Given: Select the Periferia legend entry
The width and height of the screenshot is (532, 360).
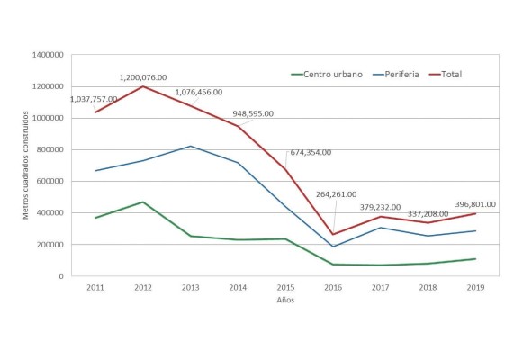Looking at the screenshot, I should (403, 74).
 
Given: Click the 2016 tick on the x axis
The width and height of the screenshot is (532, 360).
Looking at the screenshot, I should (334, 288).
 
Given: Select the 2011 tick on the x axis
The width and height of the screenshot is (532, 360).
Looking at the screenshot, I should (95, 288).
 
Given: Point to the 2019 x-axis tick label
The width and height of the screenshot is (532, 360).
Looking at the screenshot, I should (477, 288).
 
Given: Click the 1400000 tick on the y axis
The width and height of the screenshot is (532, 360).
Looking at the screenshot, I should (45, 55).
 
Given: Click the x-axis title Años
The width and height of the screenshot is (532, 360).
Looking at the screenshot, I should (285, 301).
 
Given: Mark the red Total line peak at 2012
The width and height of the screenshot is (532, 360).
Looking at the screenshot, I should (142, 86).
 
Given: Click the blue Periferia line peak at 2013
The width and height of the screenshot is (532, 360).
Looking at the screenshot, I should (190, 146).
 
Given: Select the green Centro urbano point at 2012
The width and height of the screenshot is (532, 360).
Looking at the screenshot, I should (142, 202).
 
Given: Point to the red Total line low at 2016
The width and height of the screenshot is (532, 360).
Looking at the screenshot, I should (334, 234).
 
